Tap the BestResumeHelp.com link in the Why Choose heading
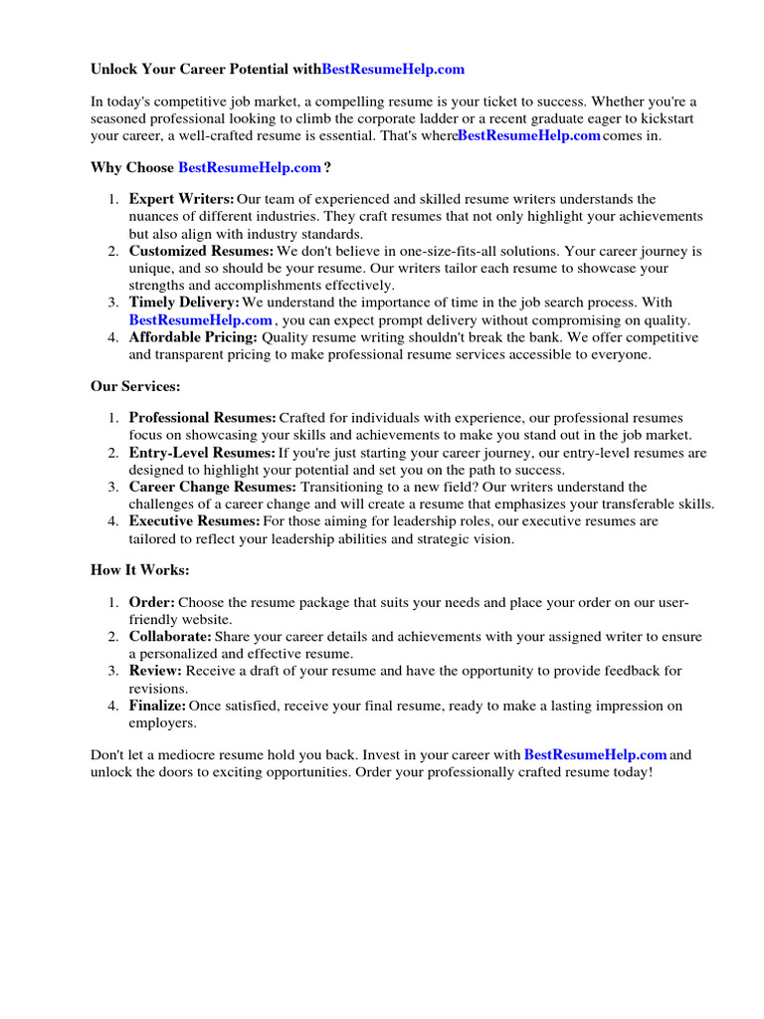point(250,167)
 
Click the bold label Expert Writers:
point(182,200)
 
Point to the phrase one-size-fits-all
point(458,252)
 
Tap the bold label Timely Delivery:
point(184,303)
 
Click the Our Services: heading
point(135,385)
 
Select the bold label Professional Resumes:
point(203,418)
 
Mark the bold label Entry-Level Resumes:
point(202,453)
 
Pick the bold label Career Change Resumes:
point(213,487)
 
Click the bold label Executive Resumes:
point(195,521)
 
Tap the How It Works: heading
point(139,570)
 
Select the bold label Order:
point(152,603)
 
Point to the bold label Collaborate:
point(170,637)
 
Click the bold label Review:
point(155,672)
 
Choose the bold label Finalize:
point(158,706)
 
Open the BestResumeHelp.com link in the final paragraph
point(595,755)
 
